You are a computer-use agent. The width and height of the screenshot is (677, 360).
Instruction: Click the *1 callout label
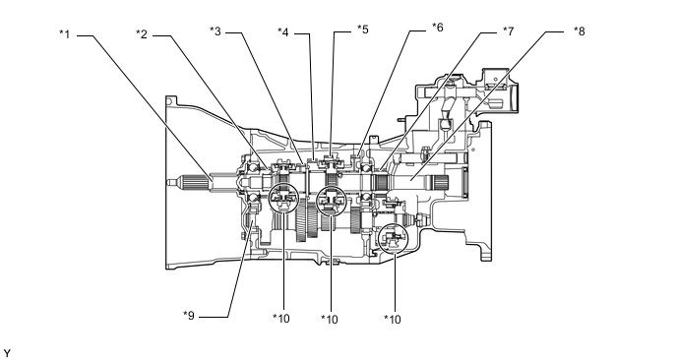tap(64, 34)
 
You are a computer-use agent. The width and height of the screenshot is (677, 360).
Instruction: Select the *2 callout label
tap(141, 34)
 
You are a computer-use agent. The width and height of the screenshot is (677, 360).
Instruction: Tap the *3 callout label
tap(215, 31)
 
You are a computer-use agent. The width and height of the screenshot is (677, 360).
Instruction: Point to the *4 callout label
tap(283, 32)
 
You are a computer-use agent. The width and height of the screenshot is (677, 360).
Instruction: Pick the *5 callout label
tap(363, 30)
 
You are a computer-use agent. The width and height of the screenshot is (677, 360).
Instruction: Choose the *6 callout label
tap(437, 28)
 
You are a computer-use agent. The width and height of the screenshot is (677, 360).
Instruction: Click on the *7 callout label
tap(508, 31)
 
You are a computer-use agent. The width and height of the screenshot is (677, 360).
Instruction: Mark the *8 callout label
tap(579, 31)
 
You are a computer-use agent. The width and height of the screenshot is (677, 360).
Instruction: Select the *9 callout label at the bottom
tap(189, 316)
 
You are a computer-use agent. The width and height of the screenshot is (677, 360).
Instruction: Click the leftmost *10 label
tap(281, 318)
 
